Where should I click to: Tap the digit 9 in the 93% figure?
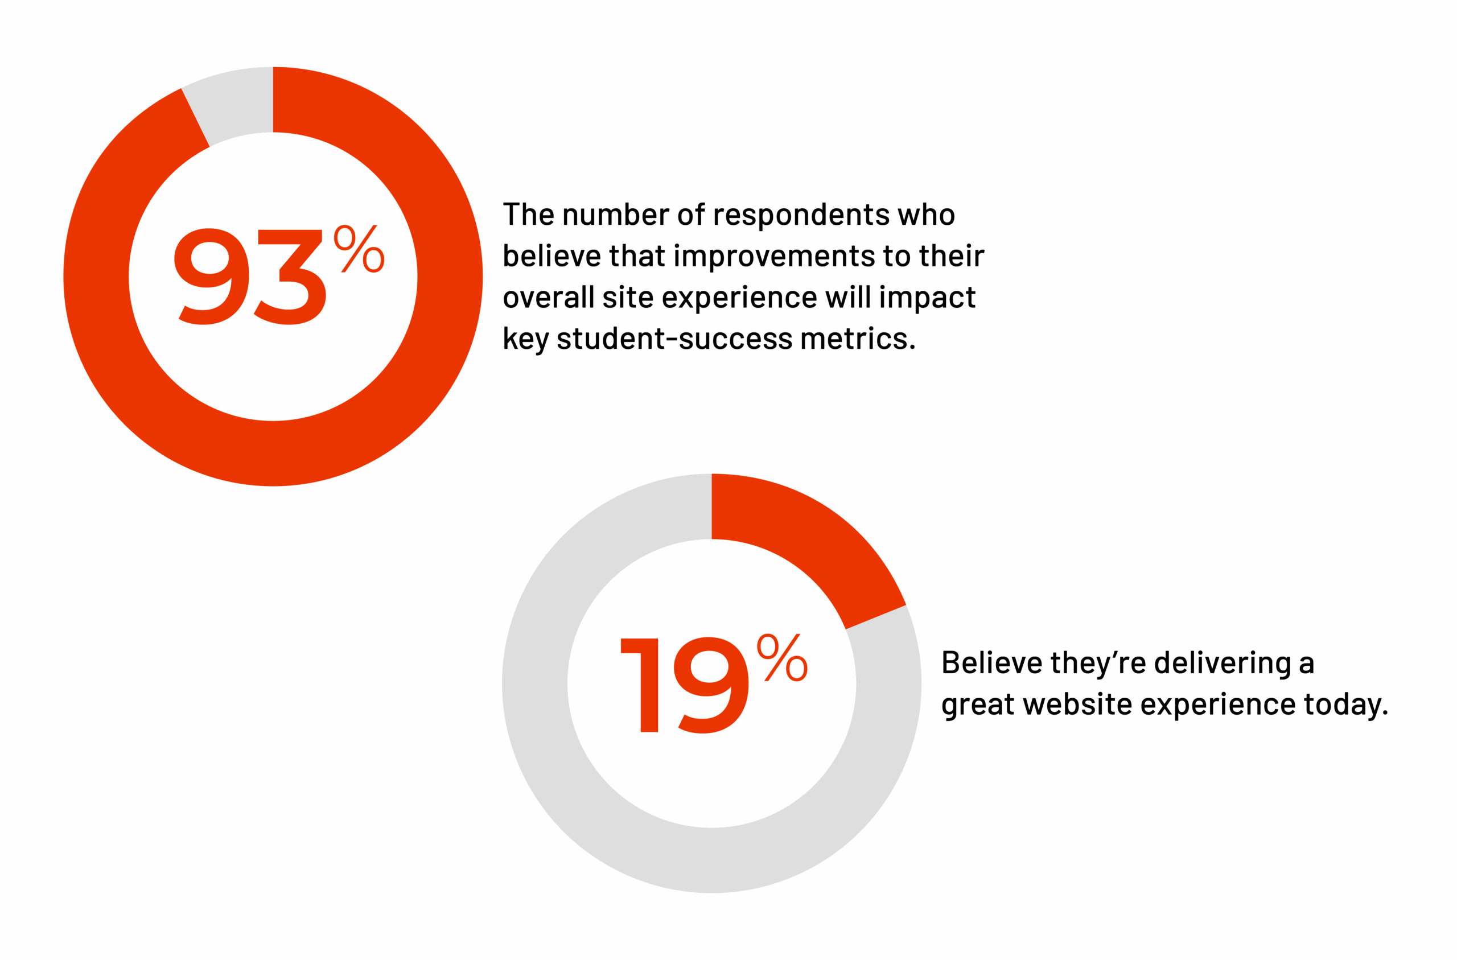coord(212,276)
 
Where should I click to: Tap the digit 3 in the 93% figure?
coord(290,276)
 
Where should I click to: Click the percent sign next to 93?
coord(359,249)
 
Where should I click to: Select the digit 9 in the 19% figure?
coord(711,685)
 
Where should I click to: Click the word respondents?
coord(801,216)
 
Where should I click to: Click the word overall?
coord(549,298)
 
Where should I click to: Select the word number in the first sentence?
coord(615,216)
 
